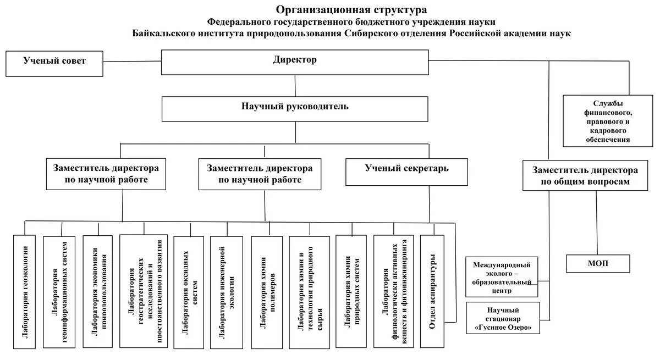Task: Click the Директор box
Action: pyautogui.click(x=295, y=62)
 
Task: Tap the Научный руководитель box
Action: pyautogui.click(x=295, y=109)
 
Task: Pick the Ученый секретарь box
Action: pyautogui.click(x=406, y=172)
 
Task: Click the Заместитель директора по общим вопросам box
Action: pyautogui.click(x=585, y=176)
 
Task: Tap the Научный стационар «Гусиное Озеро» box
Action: pyautogui.click(x=503, y=318)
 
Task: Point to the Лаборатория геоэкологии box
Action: pyautogui.click(x=25, y=292)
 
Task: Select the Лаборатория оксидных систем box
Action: pyautogui.click(x=189, y=292)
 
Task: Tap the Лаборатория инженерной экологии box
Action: pyautogui.click(x=226, y=292)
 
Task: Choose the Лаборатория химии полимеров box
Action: pyautogui.click(x=267, y=292)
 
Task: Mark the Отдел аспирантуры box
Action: pyautogui.click(x=432, y=291)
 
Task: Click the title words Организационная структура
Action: pyautogui.click(x=351, y=10)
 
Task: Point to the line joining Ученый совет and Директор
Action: pyautogui.click(x=132, y=62)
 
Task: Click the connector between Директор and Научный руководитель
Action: pyautogui.click(x=295, y=85)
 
